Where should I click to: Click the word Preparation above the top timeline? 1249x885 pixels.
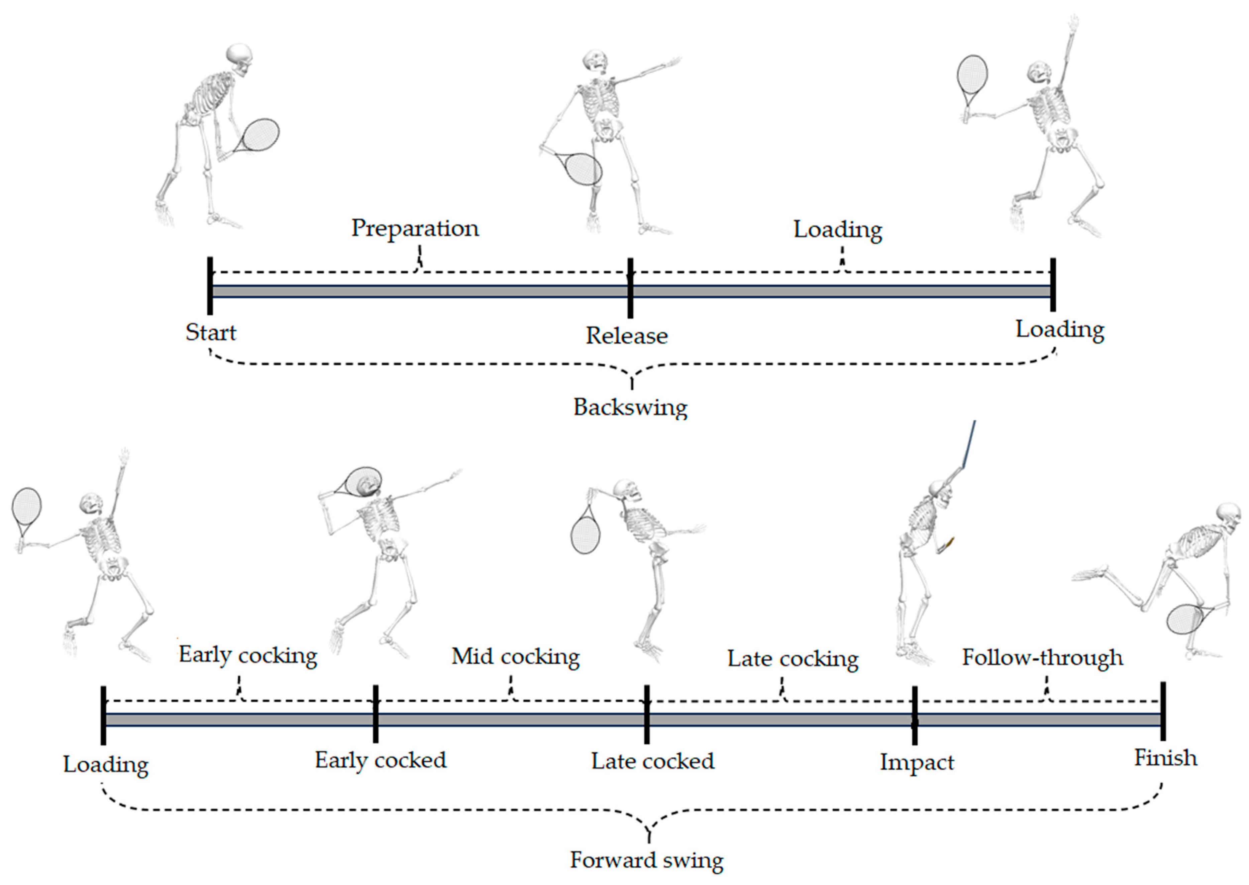click(x=415, y=228)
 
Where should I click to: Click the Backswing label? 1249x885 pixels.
click(x=630, y=407)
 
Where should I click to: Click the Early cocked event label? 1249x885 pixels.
click(x=380, y=760)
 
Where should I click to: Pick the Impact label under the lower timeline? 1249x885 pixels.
click(x=917, y=762)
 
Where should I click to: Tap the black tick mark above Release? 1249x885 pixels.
click(x=630, y=288)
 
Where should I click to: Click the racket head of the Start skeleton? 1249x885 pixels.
click(x=261, y=134)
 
